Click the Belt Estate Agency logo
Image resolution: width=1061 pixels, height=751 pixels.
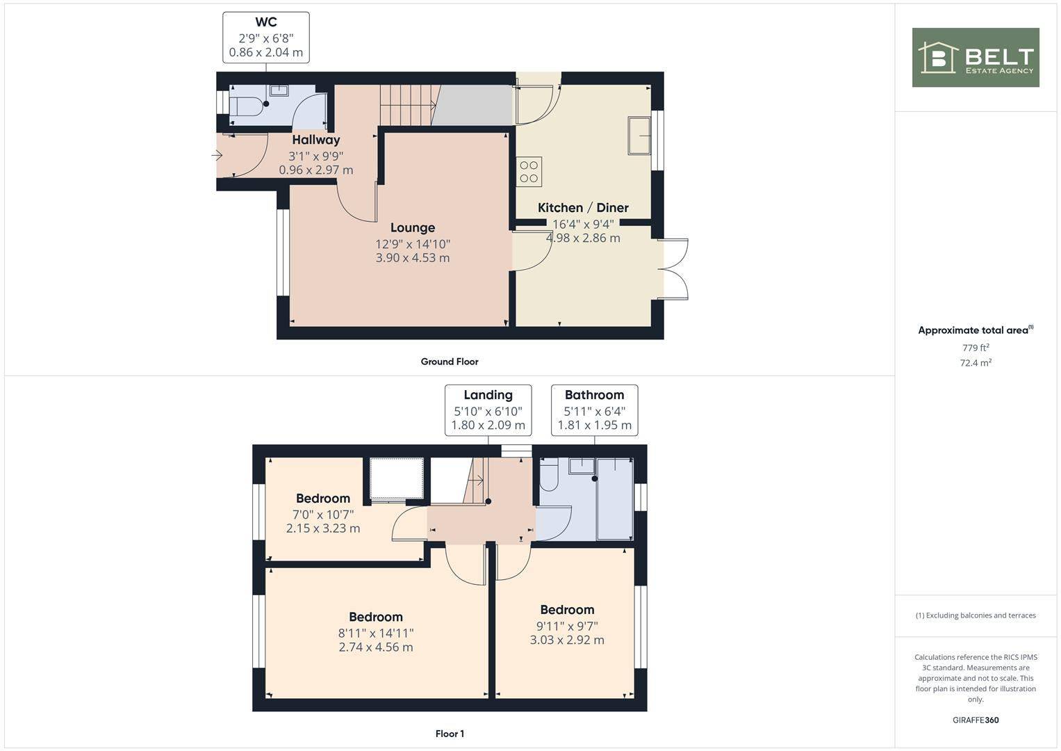(x=975, y=58)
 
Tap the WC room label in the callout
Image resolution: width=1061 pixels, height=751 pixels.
(x=266, y=22)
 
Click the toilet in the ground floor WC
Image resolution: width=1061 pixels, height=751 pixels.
(x=245, y=107)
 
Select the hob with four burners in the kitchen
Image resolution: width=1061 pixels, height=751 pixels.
(x=529, y=172)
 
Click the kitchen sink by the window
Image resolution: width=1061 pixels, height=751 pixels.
(x=639, y=136)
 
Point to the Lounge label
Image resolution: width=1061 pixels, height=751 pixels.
(x=413, y=227)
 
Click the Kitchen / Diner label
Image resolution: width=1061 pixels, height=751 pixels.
(x=583, y=207)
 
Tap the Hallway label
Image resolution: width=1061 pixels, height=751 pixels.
(x=315, y=140)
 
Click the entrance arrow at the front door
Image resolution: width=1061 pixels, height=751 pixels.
(x=217, y=156)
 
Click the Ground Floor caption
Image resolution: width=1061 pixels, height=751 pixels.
(x=450, y=362)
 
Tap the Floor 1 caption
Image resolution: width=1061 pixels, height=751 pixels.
(x=450, y=734)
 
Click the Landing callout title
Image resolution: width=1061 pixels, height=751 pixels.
(x=488, y=395)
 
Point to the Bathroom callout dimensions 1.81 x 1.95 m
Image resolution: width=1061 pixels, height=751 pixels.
(x=594, y=425)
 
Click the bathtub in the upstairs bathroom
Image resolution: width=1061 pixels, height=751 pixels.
(x=614, y=499)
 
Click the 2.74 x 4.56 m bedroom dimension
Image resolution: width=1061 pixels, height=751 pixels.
(x=376, y=647)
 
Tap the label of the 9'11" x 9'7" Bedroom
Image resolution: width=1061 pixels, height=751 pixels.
(x=567, y=610)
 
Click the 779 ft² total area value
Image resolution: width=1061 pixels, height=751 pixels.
(x=975, y=348)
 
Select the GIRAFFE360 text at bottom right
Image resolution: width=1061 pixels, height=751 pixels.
(x=975, y=720)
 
